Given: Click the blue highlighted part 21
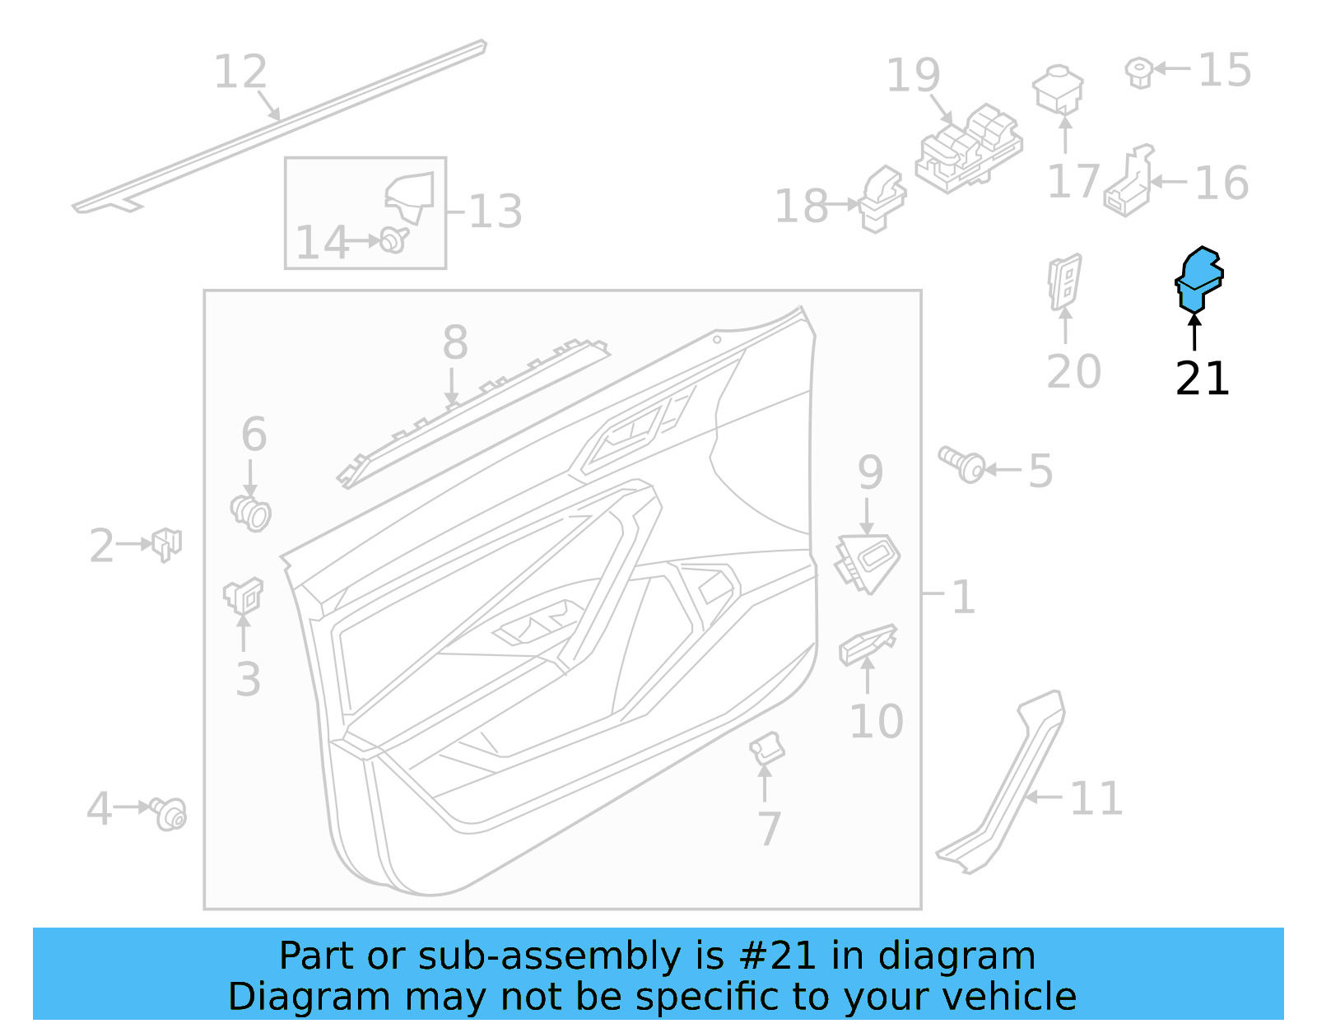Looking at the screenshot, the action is [x=1198, y=279].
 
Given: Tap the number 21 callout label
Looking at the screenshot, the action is [x=1202, y=379].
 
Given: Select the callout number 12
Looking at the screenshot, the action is [x=240, y=72].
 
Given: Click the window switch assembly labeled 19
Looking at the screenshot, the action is [x=969, y=149].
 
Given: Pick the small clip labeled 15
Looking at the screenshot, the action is [x=1138, y=72].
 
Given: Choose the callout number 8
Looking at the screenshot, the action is [x=455, y=342].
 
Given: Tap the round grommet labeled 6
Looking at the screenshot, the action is [x=251, y=513].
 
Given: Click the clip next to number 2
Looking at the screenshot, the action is [x=166, y=543].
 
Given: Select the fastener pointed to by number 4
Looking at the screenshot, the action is [x=169, y=813].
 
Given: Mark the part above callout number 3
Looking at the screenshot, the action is [x=243, y=595].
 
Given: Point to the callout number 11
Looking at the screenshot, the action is [x=1096, y=798].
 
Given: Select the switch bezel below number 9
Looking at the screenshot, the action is [x=868, y=562].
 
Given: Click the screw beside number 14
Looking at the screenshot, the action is [x=393, y=240].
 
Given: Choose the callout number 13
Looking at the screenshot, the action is [x=496, y=212].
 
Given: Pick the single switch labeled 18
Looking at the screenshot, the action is [x=882, y=200].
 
